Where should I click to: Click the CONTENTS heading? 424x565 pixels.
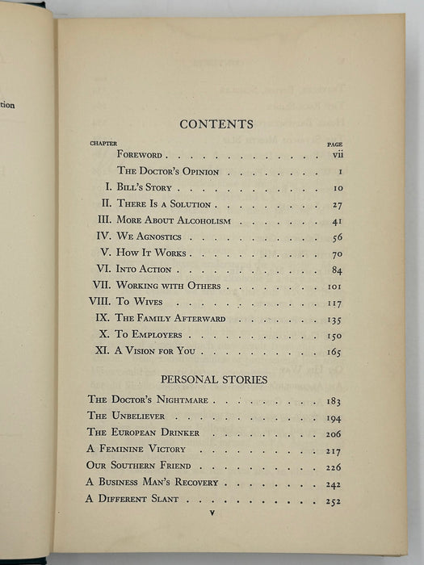(216, 124)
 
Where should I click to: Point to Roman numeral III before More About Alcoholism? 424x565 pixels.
(104, 220)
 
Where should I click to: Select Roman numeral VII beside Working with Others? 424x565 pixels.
(102, 286)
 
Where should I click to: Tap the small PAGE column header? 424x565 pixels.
(335, 144)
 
